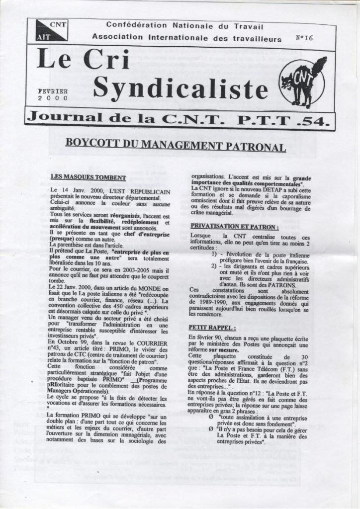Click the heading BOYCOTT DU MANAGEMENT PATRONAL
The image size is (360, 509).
click(x=176, y=147)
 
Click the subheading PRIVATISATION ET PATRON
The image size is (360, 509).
click(x=235, y=226)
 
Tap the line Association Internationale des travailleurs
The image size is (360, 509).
click(x=186, y=38)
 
